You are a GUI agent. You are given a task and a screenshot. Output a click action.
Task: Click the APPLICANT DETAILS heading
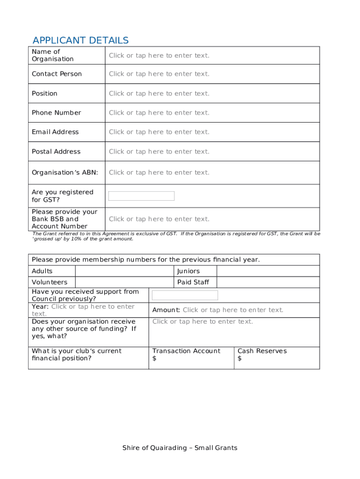(x=80, y=40)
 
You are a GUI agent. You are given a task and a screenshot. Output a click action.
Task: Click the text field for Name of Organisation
(x=159, y=56)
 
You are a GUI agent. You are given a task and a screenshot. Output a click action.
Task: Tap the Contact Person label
(x=57, y=74)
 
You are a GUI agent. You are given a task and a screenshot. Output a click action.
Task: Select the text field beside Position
(x=159, y=94)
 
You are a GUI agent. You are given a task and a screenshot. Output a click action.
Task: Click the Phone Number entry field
(x=159, y=113)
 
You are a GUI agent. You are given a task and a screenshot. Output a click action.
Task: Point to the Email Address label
(x=55, y=132)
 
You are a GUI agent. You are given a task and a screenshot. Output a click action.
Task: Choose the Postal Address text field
(x=159, y=152)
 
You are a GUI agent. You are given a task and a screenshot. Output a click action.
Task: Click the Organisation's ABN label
(x=65, y=173)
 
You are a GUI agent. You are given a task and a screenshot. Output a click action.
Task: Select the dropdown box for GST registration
(x=141, y=196)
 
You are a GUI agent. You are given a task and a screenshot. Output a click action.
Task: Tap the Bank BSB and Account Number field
(x=159, y=219)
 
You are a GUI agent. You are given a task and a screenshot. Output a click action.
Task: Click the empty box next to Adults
(x=124, y=271)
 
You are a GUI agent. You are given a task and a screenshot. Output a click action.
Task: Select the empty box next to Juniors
(x=268, y=271)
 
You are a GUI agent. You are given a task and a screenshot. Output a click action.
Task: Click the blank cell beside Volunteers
(x=124, y=282)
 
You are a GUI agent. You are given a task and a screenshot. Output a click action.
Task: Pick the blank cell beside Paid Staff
(x=268, y=282)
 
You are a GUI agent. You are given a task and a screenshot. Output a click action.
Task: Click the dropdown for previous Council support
(x=185, y=295)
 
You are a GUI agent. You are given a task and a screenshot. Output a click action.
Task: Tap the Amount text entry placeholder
(x=233, y=310)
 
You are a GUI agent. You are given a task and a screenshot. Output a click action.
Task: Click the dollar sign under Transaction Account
(x=154, y=359)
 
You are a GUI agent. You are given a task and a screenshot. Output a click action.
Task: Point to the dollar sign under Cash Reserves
(x=239, y=359)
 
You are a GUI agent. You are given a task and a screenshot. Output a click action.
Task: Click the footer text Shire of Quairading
(x=180, y=448)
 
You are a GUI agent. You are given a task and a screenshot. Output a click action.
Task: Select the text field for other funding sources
(x=202, y=322)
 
